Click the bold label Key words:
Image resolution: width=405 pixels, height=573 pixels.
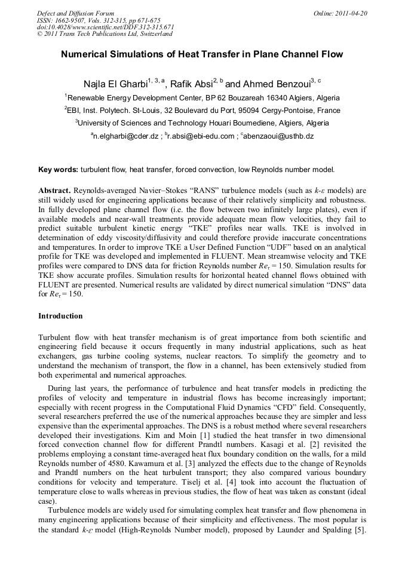(58, 170)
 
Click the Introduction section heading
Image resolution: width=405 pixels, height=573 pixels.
(60, 315)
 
